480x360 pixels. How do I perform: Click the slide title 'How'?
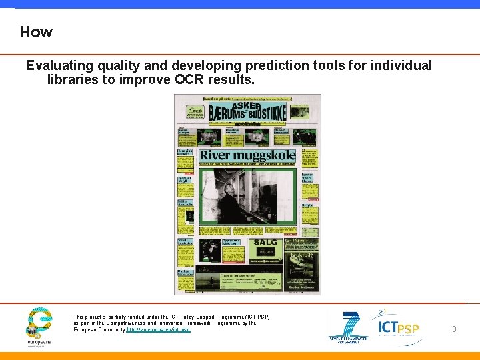[x=36, y=32]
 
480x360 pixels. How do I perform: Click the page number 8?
[x=454, y=329]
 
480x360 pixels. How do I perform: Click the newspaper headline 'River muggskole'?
[x=247, y=156]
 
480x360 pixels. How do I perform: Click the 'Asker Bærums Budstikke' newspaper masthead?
[x=247, y=112]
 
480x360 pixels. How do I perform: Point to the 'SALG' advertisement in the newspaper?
[x=265, y=244]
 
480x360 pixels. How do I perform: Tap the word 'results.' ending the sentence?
[x=233, y=80]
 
